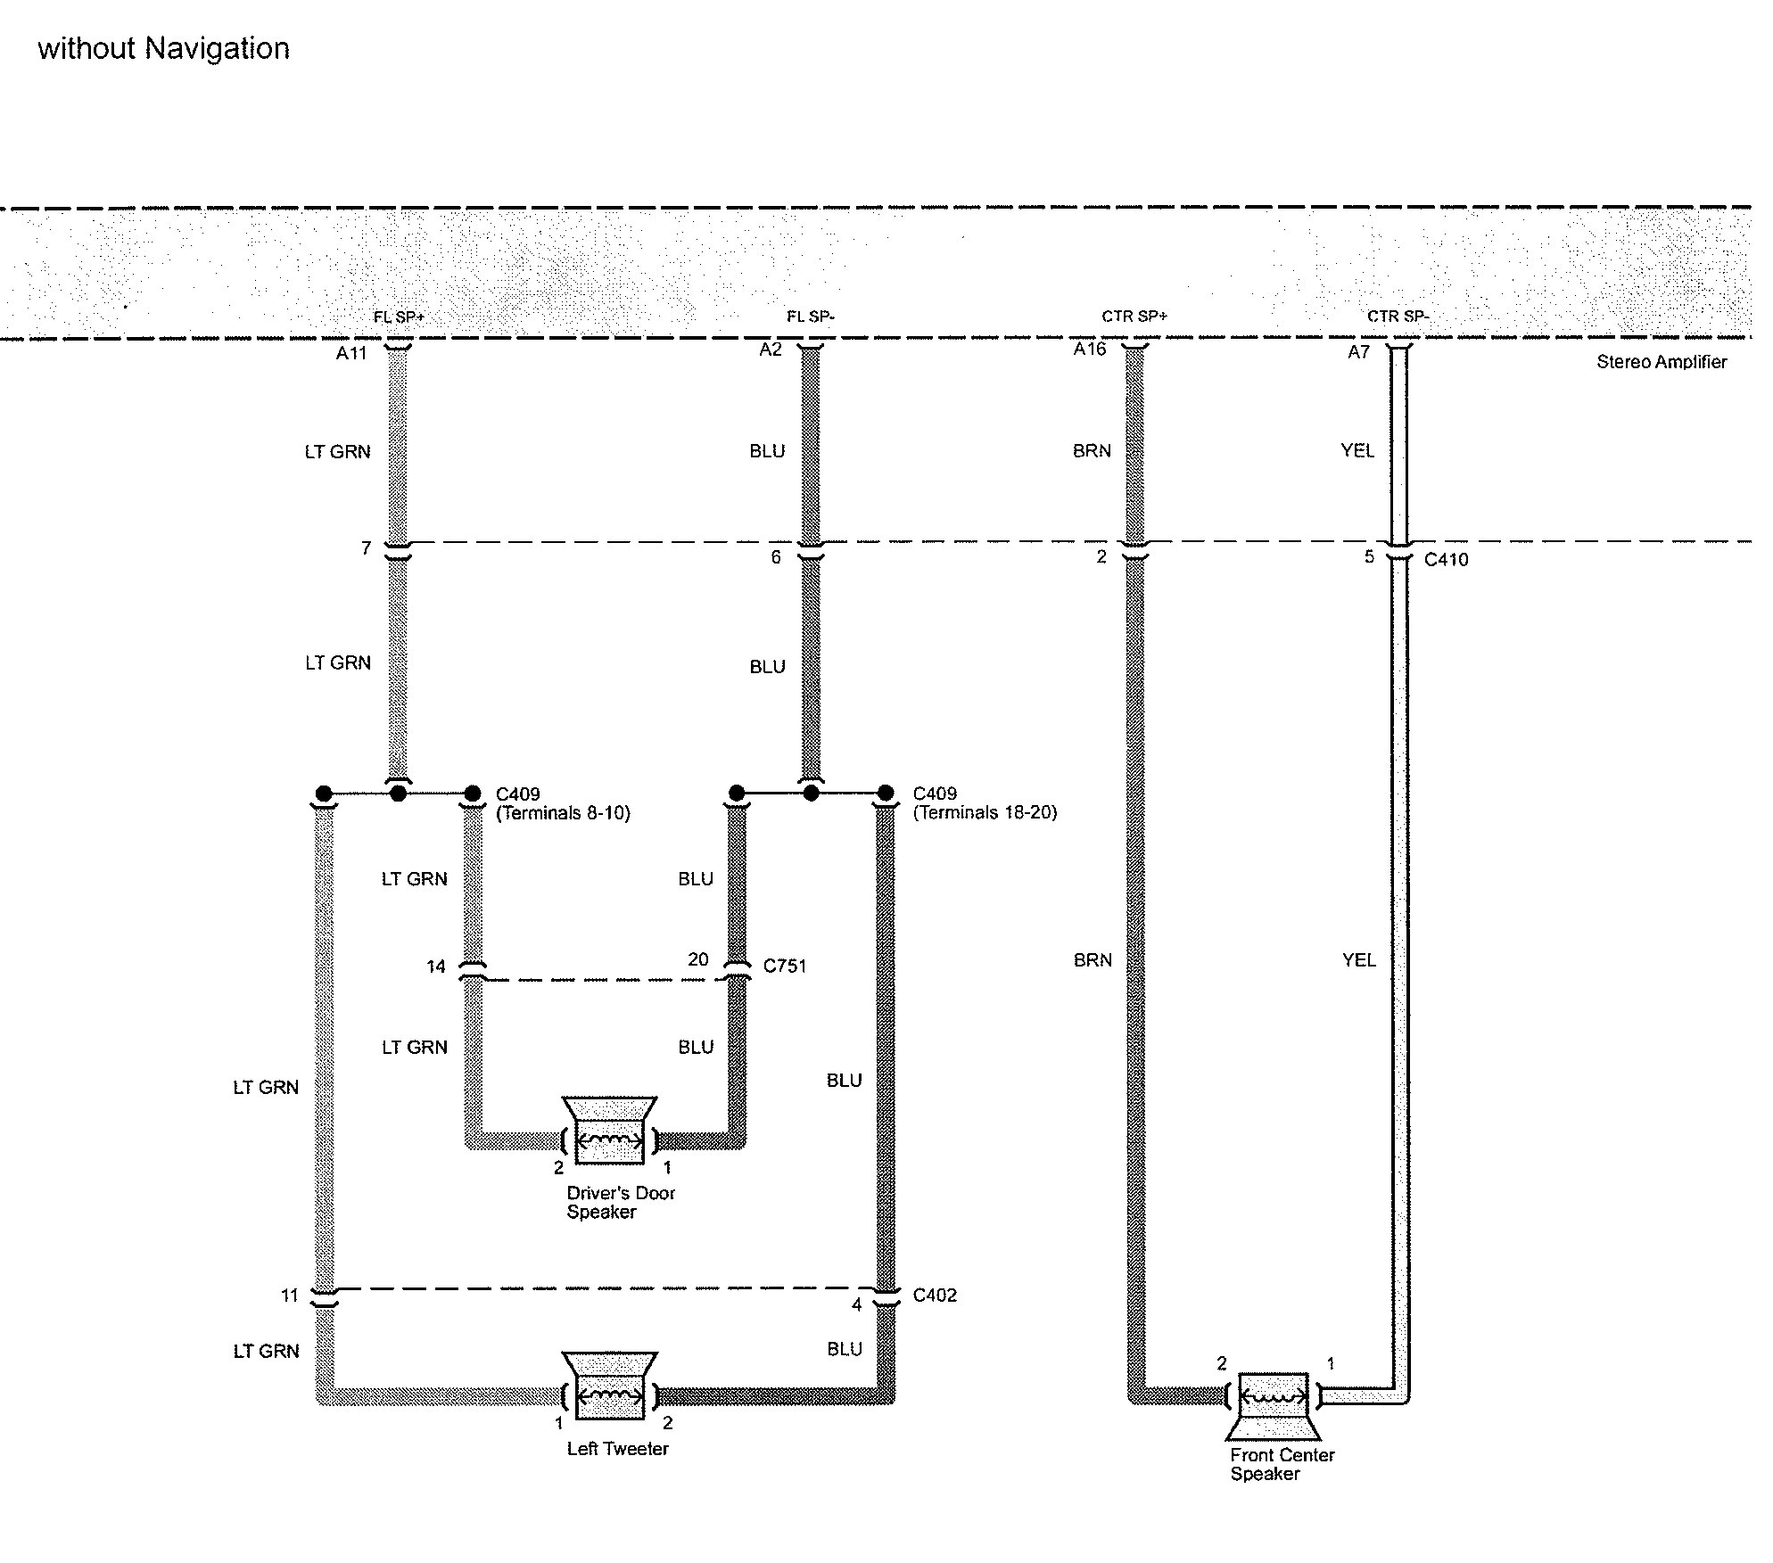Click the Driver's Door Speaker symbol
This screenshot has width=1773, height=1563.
(610, 1131)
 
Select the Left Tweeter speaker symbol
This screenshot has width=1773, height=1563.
(610, 1386)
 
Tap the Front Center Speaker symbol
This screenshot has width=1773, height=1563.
(1274, 1406)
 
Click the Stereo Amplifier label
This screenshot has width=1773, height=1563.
(1661, 362)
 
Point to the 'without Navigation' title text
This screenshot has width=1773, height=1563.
(163, 48)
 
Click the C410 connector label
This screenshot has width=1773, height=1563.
(1446, 560)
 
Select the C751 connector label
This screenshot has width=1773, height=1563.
(785, 966)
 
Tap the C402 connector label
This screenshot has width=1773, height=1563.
(935, 1296)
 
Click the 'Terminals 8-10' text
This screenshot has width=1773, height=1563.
(563, 813)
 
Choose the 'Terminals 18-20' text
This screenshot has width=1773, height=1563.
(985, 812)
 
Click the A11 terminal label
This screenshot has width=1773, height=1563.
(351, 353)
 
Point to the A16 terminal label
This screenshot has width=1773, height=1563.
(1090, 350)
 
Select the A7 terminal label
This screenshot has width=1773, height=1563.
(1358, 352)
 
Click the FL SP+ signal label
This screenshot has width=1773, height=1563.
(399, 317)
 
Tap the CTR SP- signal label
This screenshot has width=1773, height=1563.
(1398, 317)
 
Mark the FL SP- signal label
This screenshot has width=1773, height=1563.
(810, 317)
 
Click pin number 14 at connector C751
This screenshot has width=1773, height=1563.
(435, 967)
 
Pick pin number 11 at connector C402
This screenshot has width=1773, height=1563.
(290, 1296)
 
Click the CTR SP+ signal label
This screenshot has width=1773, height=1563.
(1134, 317)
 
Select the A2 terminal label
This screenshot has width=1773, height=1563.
(771, 350)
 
